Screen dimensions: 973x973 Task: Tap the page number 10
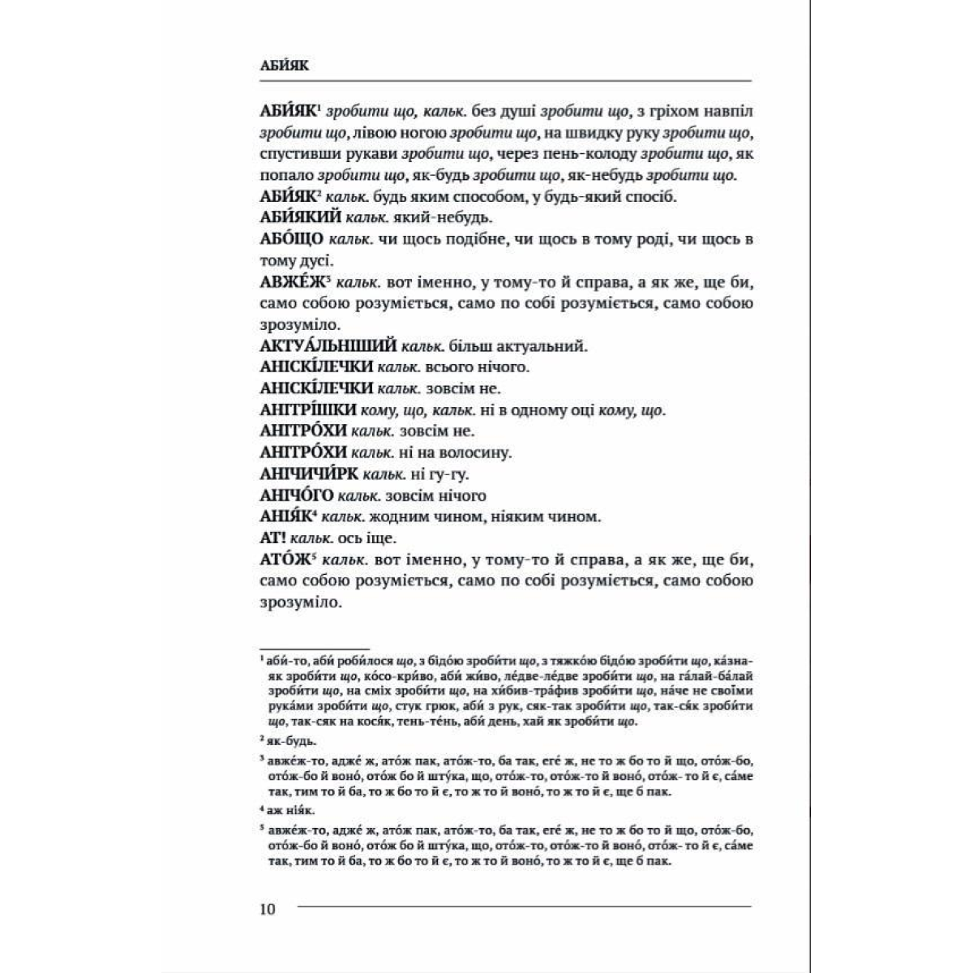pyautogui.click(x=268, y=909)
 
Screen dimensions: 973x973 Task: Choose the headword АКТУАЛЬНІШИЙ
pyautogui.click(x=328, y=346)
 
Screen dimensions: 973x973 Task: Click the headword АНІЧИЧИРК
pyautogui.click(x=309, y=474)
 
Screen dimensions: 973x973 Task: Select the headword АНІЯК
pyautogui.click(x=287, y=516)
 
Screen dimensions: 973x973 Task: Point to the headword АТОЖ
pyautogui.click(x=285, y=559)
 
